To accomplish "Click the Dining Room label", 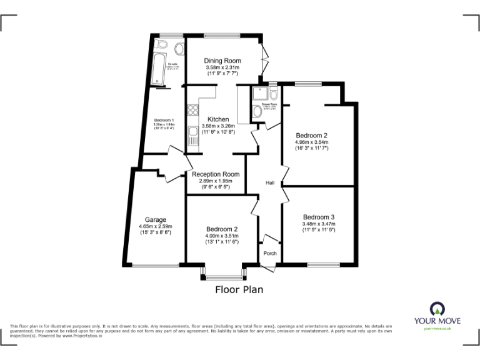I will pyautogui.click(x=223, y=61).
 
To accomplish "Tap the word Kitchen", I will pyautogui.click(x=219, y=119).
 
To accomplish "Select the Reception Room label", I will pyautogui.click(x=216, y=174).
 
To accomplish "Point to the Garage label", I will pyautogui.click(x=156, y=220).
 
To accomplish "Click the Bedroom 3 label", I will pyautogui.click(x=318, y=217).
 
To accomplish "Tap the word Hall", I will pyautogui.click(x=270, y=182).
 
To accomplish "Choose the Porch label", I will pyautogui.click(x=270, y=253).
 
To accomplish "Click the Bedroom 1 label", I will pyautogui.click(x=164, y=120).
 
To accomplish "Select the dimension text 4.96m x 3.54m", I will pyautogui.click(x=311, y=142).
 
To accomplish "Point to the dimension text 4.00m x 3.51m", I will pyautogui.click(x=222, y=236).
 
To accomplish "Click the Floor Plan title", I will pyautogui.click(x=239, y=289).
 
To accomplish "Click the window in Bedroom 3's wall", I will pyautogui.click(x=323, y=265).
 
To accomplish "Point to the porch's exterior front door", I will pyautogui.click(x=268, y=267).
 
